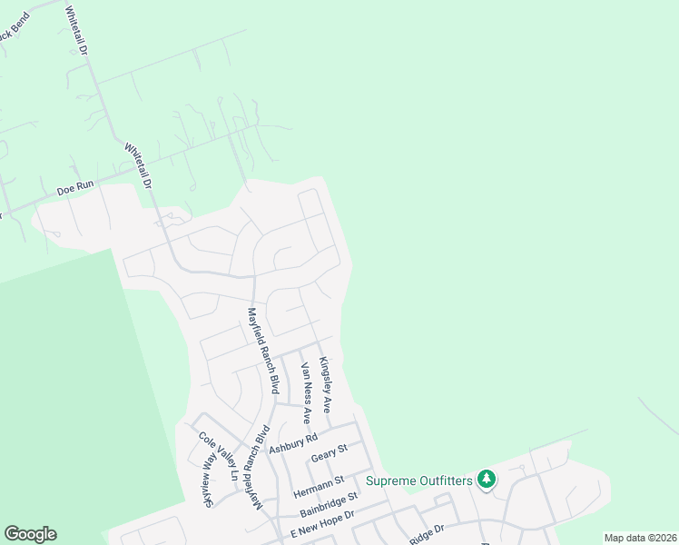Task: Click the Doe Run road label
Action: point(75,189)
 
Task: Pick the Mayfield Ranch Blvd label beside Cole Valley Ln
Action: point(261,467)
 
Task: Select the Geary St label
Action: point(329,451)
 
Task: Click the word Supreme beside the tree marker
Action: point(394,479)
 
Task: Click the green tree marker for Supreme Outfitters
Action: point(487,478)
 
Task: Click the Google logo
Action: point(30,534)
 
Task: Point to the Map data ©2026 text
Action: point(639,538)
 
